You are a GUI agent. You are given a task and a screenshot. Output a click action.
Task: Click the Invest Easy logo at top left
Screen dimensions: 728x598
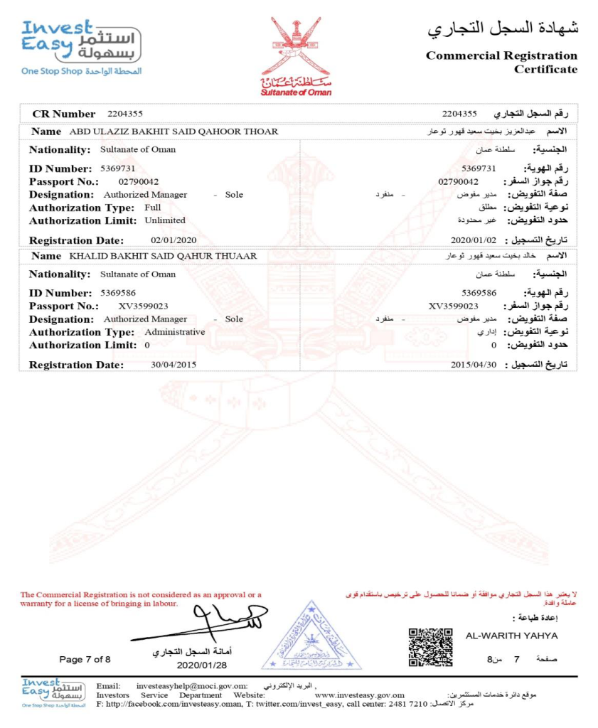click(x=81, y=45)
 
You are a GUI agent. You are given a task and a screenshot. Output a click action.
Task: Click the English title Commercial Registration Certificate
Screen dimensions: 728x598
click(x=501, y=62)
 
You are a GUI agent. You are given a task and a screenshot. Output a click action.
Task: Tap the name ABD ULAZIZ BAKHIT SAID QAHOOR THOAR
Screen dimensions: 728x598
click(x=173, y=132)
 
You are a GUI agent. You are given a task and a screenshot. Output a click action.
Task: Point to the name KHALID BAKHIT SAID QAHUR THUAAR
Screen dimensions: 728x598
click(x=163, y=256)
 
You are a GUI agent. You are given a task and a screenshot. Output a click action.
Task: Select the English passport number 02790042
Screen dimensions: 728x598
click(x=139, y=182)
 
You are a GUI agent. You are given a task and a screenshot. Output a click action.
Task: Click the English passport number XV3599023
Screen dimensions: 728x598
click(x=143, y=306)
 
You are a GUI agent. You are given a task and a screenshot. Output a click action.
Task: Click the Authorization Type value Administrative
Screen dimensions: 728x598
click(x=174, y=332)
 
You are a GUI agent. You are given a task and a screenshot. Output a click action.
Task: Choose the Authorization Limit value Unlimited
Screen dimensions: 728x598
click(x=164, y=220)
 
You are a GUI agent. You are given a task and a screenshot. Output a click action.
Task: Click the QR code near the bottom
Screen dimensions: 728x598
click(x=431, y=646)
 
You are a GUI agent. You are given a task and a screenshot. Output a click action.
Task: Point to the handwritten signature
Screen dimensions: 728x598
click(x=213, y=622)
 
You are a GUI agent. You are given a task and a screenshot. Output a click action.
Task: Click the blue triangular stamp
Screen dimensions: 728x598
click(x=311, y=638)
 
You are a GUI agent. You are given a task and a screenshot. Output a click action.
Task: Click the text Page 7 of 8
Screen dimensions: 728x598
click(x=85, y=660)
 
